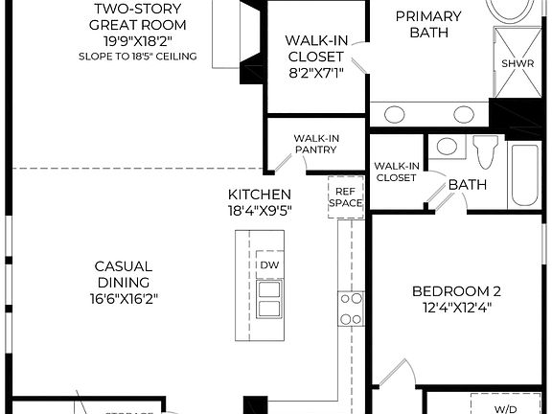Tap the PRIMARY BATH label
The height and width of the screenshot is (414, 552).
pos(427,25)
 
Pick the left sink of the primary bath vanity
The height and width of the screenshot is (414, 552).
pos(394,114)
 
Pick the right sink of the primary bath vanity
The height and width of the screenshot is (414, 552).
pos(464,114)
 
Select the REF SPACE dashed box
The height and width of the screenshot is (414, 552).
pos(345,197)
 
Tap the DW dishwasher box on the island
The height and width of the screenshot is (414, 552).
pos(269,264)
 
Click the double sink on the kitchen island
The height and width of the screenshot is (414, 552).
pos(269,299)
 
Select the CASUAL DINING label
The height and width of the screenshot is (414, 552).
pos(123,274)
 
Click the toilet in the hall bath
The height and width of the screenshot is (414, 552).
pos(486,152)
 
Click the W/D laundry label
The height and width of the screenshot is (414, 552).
pos(505,408)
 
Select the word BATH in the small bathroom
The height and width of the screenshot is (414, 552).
pos(468,184)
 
